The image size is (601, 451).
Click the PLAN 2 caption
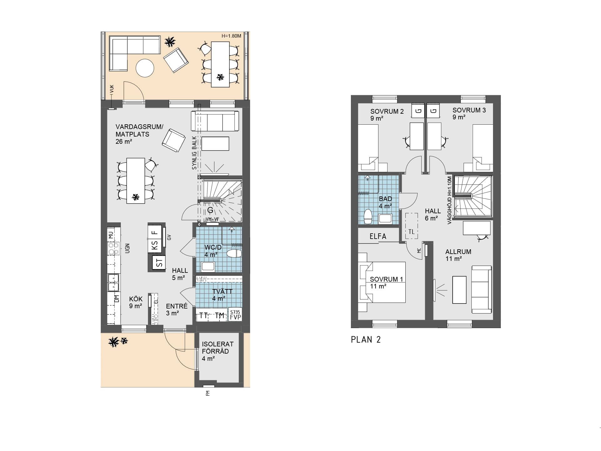pyautogui.click(x=366, y=340)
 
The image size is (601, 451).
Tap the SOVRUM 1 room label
pyautogui.click(x=386, y=279)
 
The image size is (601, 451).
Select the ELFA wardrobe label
pyautogui.click(x=378, y=236)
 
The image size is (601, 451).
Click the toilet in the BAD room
pyautogui.click(x=368, y=216)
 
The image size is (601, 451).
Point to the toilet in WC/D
pyautogui.click(x=234, y=253)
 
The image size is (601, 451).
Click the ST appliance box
pyautogui.click(x=159, y=262)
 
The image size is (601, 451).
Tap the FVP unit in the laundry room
pyautogui.click(x=235, y=314)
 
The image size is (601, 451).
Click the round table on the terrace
pyautogui.click(x=145, y=68)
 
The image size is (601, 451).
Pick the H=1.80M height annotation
pyautogui.click(x=231, y=36)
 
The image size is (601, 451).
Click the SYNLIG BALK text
pyautogui.click(x=194, y=153)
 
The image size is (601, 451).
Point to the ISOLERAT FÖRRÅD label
pyautogui.click(x=218, y=348)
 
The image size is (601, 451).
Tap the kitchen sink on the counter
pyautogui.click(x=113, y=282)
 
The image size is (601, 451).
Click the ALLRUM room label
pyautogui.click(x=458, y=252)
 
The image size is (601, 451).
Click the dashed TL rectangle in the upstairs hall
pyautogui.click(x=412, y=226)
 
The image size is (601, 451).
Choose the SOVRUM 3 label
pyautogui.click(x=469, y=110)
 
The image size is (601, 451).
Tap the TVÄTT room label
pyautogui.click(x=222, y=291)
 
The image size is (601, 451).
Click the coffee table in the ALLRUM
pyautogui.click(x=460, y=290)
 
